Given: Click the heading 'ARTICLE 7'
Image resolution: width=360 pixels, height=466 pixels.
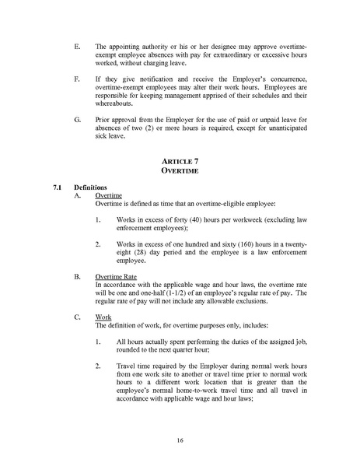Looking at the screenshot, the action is click(x=180, y=161).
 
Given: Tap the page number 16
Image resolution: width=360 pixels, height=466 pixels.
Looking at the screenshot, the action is click(x=180, y=440).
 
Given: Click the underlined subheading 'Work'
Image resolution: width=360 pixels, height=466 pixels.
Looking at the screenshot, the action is click(x=103, y=317).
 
